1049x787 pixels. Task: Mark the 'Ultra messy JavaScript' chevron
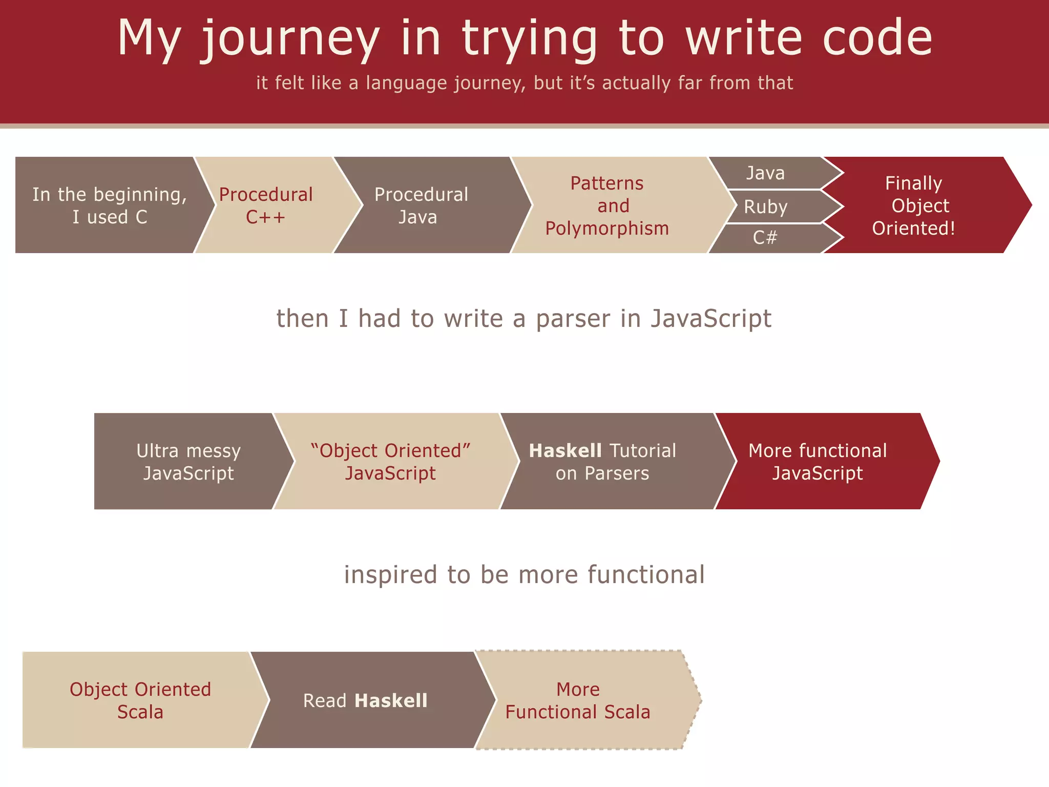[188, 462]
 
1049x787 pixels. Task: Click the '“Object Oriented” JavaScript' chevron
[390, 462]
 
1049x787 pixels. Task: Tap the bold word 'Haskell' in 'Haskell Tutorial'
[565, 451]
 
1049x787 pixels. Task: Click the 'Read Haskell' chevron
[366, 700]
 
